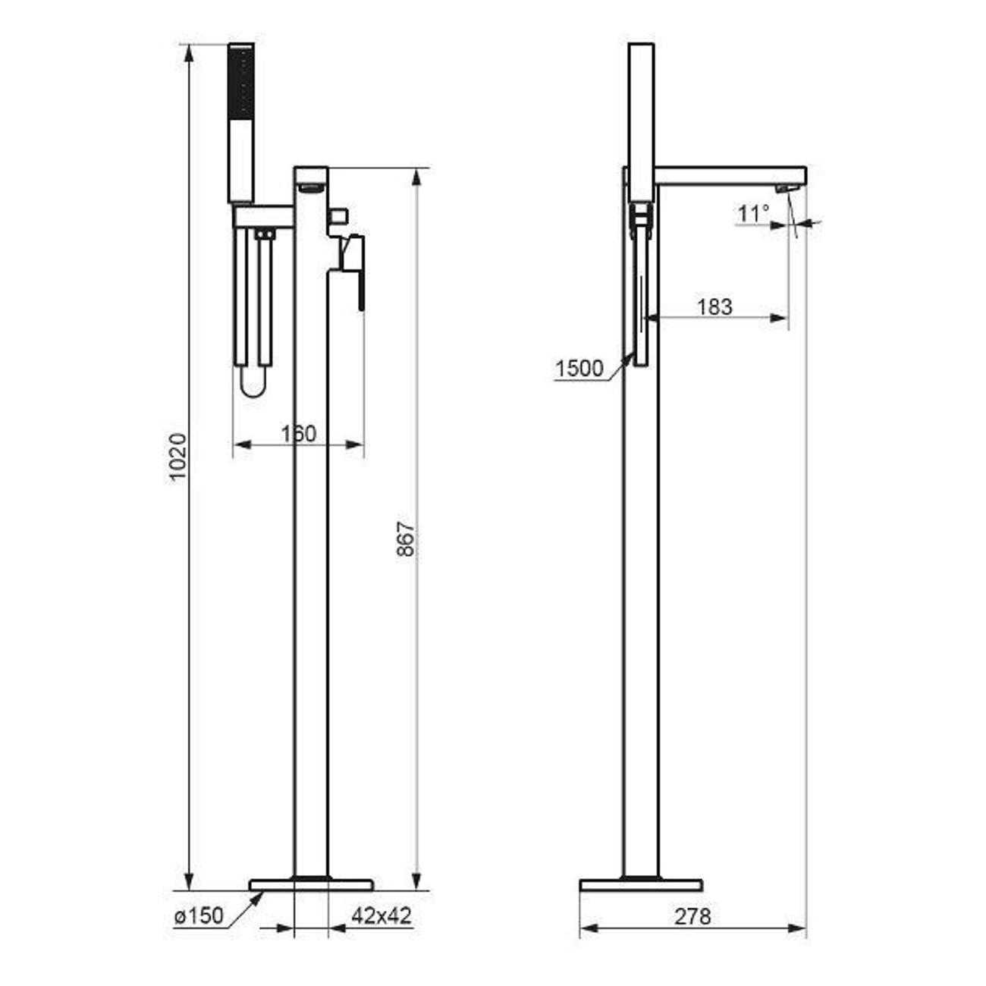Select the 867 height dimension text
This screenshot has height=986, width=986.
pos(406,539)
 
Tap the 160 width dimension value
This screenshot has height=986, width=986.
pos(299,434)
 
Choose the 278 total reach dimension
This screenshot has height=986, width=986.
pos(692,916)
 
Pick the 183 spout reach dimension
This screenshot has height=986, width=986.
pos(714,307)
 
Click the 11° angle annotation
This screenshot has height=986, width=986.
pos(753,213)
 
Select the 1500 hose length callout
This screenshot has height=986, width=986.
pos(579,369)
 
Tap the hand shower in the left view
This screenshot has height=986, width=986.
pos(241,124)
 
